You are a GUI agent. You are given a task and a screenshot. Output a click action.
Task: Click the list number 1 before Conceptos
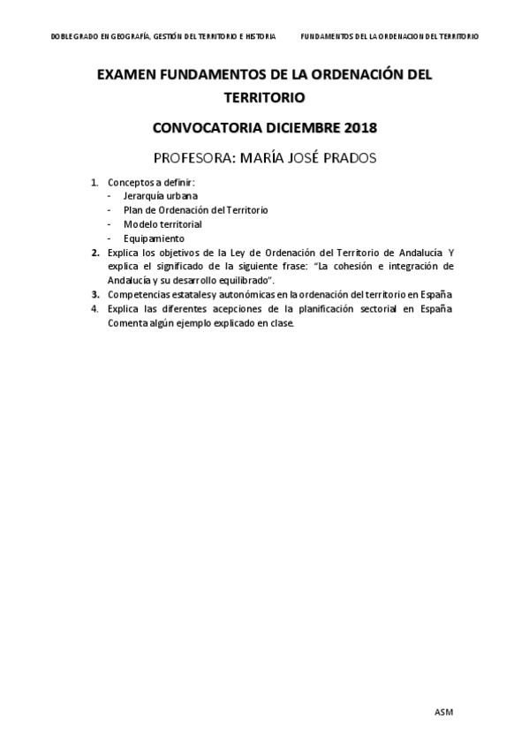tap(94, 182)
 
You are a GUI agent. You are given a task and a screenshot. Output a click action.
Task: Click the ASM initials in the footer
tap(443, 712)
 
